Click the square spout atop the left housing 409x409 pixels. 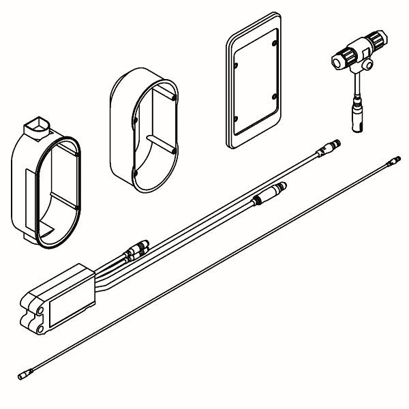[35, 126]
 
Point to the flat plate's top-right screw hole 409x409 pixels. [273, 45]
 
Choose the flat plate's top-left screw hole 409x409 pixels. [236, 65]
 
